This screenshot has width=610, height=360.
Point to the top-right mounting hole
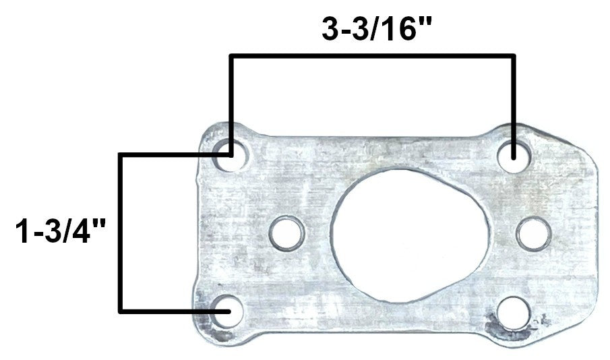coord(514,154)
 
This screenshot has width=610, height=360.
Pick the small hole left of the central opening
coord(287,233)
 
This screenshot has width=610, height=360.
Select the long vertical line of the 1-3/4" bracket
coord(121,233)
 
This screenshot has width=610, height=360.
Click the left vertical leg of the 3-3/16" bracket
coord(231,101)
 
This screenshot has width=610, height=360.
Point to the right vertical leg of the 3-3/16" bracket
coord(514,101)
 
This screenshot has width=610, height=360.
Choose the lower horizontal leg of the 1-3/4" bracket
coord(172,311)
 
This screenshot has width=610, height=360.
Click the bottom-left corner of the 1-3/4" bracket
coord(121,311)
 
